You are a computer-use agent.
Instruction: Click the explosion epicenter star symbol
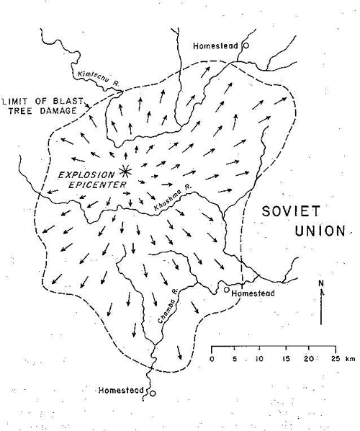tap(125, 171)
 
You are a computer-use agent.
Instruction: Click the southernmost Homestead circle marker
tap(152, 393)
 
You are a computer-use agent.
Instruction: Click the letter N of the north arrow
tap(321, 283)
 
